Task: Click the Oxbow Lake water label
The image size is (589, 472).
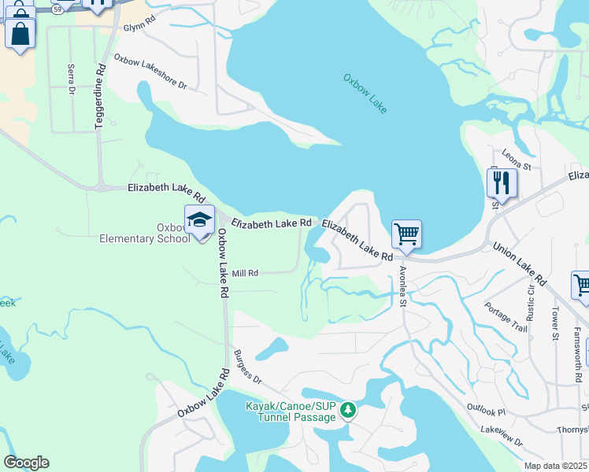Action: (x=365, y=94)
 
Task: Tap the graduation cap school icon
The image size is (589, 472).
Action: (x=200, y=220)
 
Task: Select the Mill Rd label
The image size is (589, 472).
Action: (x=245, y=273)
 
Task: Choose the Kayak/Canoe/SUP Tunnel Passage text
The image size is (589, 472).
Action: (x=291, y=411)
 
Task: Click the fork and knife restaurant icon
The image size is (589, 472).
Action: (x=502, y=183)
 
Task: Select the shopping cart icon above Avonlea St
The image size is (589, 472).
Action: (x=406, y=233)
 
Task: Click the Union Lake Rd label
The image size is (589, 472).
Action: (x=520, y=264)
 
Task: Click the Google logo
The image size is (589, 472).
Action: (x=26, y=462)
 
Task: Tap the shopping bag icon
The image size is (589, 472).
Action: (x=20, y=33)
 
